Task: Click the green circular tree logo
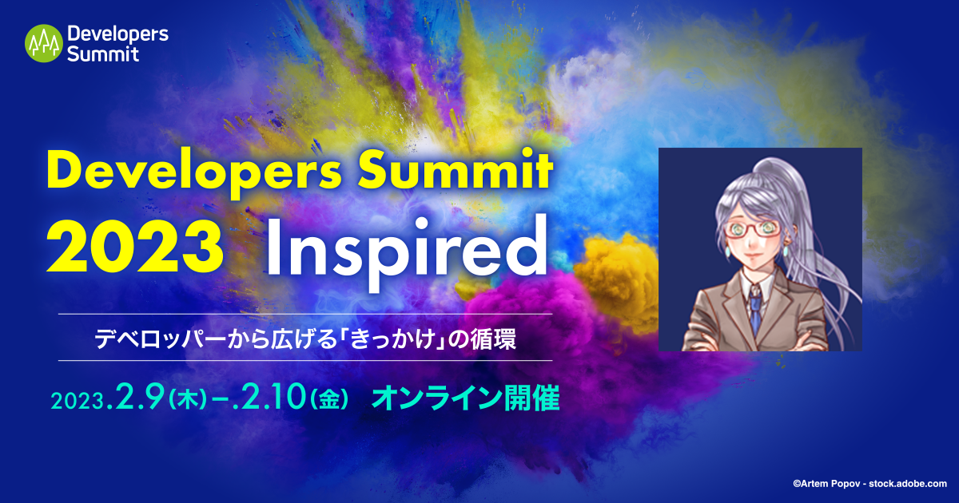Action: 44,43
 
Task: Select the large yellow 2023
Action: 135,247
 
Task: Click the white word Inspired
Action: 408,252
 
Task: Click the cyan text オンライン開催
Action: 465,398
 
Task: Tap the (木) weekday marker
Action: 188,400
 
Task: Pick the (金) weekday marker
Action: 328,400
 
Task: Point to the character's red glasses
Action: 754,229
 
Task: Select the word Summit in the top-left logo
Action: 103,54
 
